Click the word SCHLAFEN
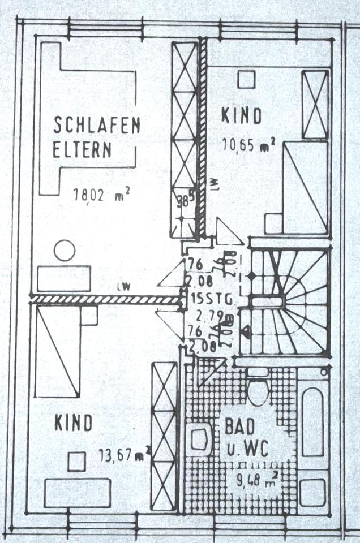pyautogui.click(x=96, y=124)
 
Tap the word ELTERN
pyautogui.click(x=82, y=150)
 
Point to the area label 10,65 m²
pyautogui.click(x=248, y=145)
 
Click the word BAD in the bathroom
pyautogui.click(x=240, y=426)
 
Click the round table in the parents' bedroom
pyautogui.click(x=65, y=250)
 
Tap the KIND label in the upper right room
pyautogui.click(x=242, y=116)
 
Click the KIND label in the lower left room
pyautogui.click(x=74, y=423)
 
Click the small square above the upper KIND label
pyautogui.click(x=246, y=79)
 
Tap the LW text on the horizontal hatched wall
pyautogui.click(x=123, y=287)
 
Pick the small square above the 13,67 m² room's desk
pyautogui.click(x=76, y=461)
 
